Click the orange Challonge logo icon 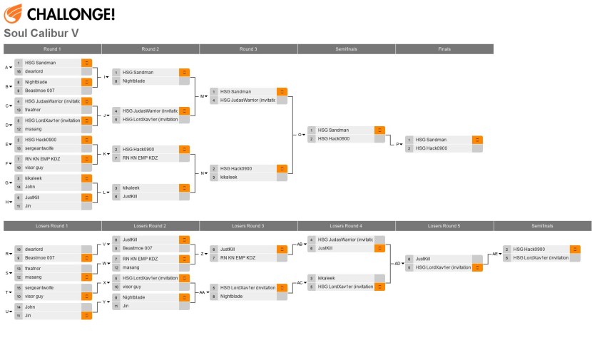14,13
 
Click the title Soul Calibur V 41,33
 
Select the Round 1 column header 52,49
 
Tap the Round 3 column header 248,49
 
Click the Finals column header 444,49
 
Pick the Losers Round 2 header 150,226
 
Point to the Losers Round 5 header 444,226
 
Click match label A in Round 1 8,68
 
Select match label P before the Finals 398,144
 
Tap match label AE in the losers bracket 495,254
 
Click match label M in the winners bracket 203,96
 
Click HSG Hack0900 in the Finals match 432,148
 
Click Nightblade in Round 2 133,81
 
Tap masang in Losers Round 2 131,267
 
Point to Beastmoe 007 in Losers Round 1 39,257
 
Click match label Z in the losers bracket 203,254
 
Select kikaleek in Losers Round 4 326,278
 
